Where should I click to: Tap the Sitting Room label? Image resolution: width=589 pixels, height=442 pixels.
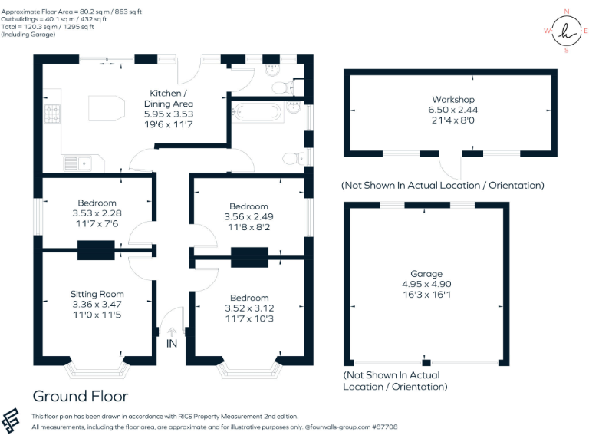97,294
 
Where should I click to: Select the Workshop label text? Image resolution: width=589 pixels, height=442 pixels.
453,100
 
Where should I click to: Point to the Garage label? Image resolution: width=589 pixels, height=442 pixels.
426,274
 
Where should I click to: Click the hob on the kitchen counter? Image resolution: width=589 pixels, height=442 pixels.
53,115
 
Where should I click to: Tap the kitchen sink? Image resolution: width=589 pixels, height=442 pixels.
77,163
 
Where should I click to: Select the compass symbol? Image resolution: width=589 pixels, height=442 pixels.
566,31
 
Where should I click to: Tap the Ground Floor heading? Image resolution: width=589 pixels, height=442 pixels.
80,396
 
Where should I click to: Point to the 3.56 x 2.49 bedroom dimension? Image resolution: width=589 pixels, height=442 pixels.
248,216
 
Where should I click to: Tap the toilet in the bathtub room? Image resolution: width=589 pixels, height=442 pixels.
291,159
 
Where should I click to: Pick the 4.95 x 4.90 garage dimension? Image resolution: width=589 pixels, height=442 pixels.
426,283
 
